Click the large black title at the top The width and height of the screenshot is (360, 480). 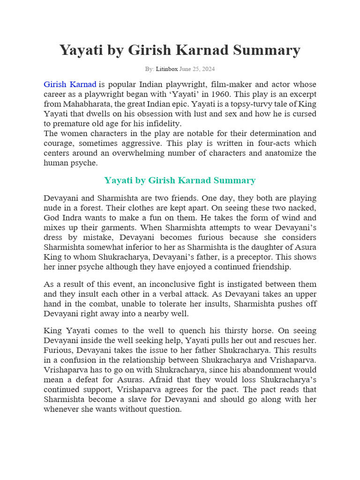(180, 50)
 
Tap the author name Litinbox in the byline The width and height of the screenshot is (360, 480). (166, 69)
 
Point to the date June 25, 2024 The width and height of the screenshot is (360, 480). (197, 69)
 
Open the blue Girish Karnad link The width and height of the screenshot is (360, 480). (70, 84)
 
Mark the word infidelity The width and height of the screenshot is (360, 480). (162, 124)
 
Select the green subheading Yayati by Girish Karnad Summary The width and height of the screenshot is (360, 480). (180, 180)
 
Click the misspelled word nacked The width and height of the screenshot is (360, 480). (303, 208)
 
